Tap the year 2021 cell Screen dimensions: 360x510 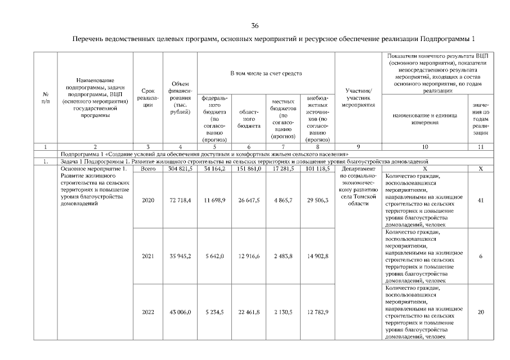coord(148,256)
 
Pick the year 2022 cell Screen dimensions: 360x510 coord(148,312)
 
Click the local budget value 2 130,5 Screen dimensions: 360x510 coord(283,312)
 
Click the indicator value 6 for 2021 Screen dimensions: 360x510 coord(481,256)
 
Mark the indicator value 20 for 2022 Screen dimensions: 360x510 coord(481,312)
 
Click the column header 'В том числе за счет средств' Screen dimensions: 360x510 coord(266,74)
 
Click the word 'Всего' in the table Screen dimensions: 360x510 coord(148,168)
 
